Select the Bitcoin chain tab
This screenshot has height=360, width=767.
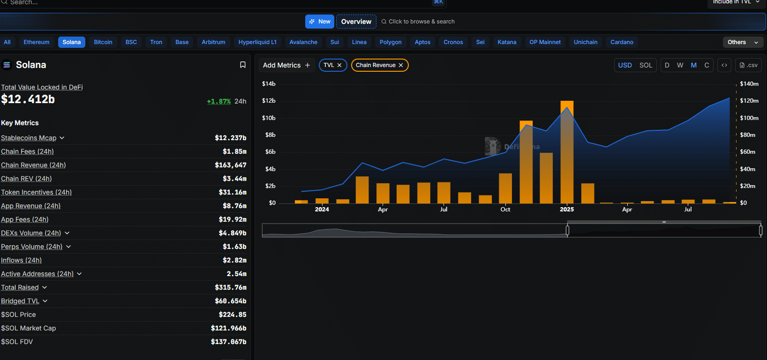click(x=103, y=42)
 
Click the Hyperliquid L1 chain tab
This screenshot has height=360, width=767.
click(x=257, y=42)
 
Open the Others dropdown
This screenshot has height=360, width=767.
click(x=743, y=42)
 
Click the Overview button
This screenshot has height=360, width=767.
click(x=356, y=22)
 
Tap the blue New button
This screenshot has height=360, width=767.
click(x=320, y=22)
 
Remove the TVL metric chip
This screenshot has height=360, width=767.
click(x=339, y=65)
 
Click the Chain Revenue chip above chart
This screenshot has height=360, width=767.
click(x=376, y=65)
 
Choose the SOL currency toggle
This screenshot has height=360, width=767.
click(x=646, y=65)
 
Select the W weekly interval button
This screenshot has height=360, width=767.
click(x=680, y=65)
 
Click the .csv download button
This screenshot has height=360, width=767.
click(x=748, y=65)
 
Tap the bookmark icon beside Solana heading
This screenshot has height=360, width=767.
click(x=243, y=65)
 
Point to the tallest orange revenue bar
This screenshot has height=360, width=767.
click(x=567, y=152)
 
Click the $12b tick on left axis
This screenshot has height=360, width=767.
click(x=269, y=101)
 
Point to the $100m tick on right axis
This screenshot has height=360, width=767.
click(x=749, y=118)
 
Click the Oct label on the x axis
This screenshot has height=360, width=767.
click(x=505, y=210)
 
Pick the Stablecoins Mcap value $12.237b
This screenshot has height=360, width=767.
click(x=230, y=138)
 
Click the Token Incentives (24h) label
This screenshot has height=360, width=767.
click(x=37, y=192)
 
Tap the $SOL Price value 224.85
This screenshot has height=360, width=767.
click(x=233, y=315)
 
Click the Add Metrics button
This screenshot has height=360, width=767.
click(x=286, y=65)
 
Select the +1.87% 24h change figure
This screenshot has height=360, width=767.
click(x=219, y=101)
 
